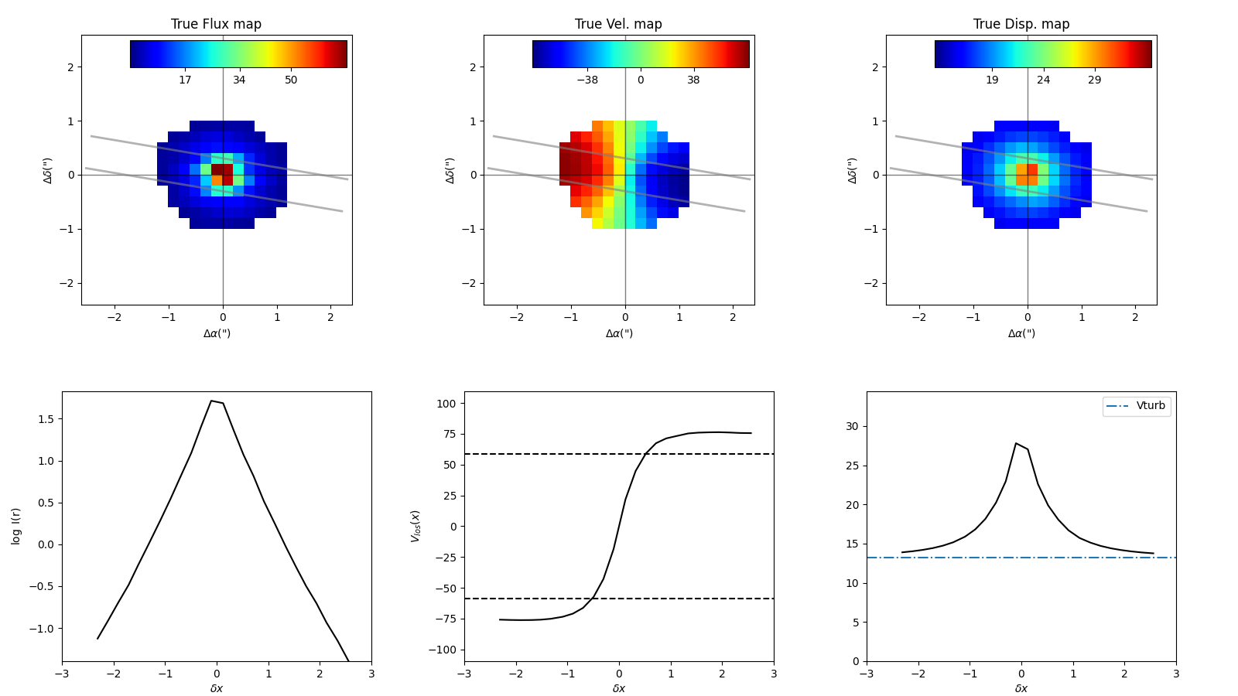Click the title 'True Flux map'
pos(216,24)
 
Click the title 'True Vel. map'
pos(618,24)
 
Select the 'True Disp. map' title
pos(1021,24)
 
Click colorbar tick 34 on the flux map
pos(239,80)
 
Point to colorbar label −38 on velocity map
pos(587,80)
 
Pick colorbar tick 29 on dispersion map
pos(1094,80)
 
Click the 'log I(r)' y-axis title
pos(16,526)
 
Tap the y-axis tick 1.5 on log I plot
pos(46,419)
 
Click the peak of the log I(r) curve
pos(211,401)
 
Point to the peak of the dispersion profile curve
pos(1016,443)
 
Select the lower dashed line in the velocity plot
pos(696,599)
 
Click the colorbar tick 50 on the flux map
pos(291,80)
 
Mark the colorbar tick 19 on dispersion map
pos(992,80)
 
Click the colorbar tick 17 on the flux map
pos(185,80)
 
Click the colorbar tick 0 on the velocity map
pos(641,80)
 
